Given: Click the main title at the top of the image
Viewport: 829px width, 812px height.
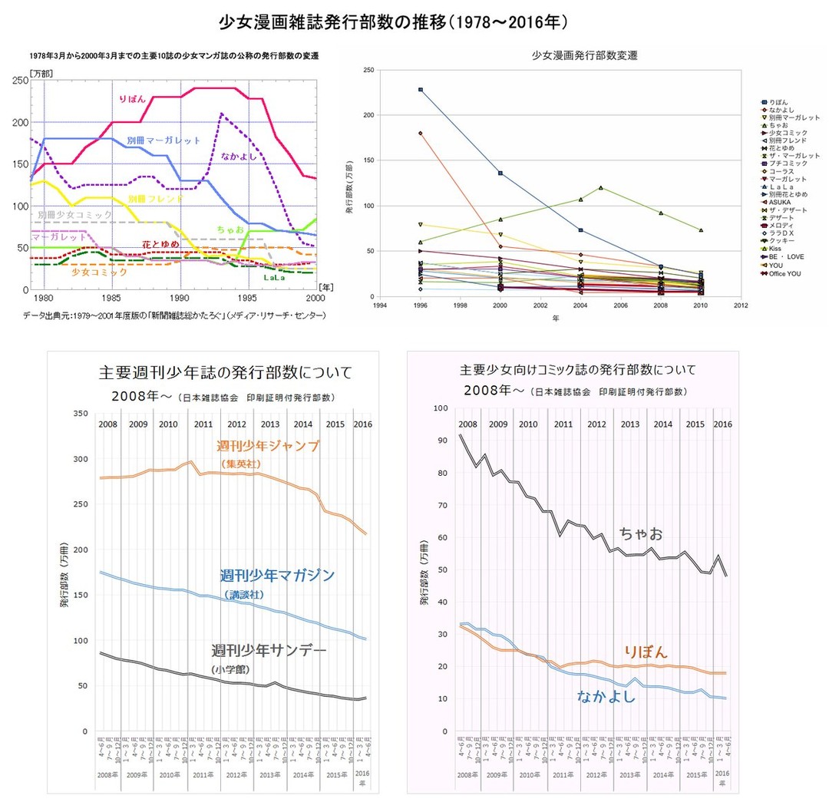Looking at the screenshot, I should click(x=414, y=21).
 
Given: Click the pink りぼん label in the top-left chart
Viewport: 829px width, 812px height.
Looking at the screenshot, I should click(x=137, y=99).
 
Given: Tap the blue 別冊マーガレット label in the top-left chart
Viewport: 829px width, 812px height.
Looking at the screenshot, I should click(x=163, y=140).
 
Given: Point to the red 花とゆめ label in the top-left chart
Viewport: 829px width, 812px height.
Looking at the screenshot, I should click(x=160, y=244).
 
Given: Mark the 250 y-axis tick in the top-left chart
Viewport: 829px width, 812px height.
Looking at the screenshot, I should click(x=21, y=81).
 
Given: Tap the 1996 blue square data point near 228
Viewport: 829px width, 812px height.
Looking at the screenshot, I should click(x=421, y=90).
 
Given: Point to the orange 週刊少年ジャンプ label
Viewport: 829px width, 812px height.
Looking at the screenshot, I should click(x=267, y=446).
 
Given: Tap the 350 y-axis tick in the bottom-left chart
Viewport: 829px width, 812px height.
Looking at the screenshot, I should click(x=79, y=413).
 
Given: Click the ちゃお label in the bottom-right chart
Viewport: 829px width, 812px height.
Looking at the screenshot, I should click(x=641, y=533).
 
